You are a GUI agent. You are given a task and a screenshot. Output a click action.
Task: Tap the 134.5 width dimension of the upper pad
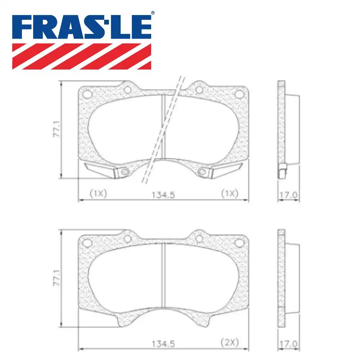pyautogui.click(x=163, y=195)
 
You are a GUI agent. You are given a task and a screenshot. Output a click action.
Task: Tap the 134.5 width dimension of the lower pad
pyautogui.click(x=163, y=344)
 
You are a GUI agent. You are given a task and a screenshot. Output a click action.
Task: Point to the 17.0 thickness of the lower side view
pyautogui.click(x=288, y=344)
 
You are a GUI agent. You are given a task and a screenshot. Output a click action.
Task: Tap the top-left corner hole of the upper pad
pyautogui.click(x=87, y=94)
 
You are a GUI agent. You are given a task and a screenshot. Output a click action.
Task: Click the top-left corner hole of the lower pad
pyautogui.click(x=87, y=243)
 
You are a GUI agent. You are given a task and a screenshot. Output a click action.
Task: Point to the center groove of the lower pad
pyautogui.click(x=163, y=274)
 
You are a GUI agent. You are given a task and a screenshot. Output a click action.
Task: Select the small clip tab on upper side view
pyautogui.click(x=283, y=171)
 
